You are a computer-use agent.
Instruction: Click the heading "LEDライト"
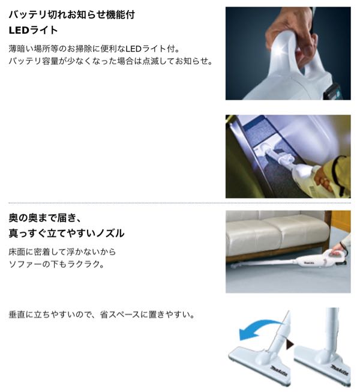pos(34,29)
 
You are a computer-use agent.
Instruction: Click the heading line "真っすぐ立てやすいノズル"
pos(67,232)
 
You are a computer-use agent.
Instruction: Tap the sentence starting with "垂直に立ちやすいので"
pos(101,314)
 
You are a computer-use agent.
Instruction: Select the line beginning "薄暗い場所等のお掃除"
pos(102,48)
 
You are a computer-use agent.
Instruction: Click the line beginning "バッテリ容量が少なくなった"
pos(111,61)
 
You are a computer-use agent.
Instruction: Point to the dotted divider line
pos(180,202)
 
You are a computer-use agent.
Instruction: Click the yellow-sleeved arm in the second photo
pos(336,174)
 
